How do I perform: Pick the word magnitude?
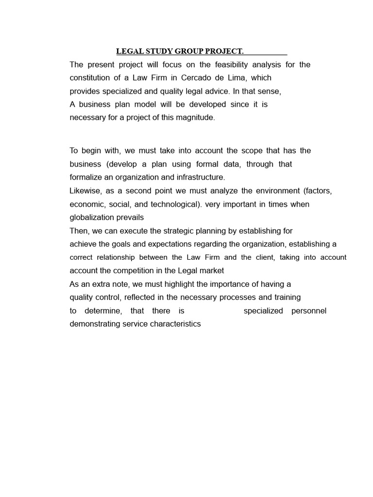[x=194, y=117]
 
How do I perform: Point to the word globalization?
[x=91, y=217]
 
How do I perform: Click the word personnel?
[x=309, y=311]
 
